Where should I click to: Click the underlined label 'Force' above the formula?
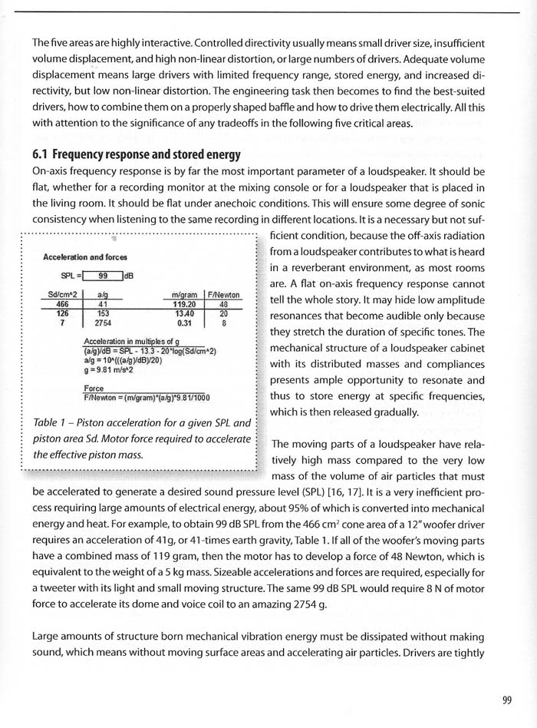coord(94,389)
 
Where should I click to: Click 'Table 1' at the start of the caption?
coord(54,423)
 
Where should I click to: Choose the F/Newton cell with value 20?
coord(222,313)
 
